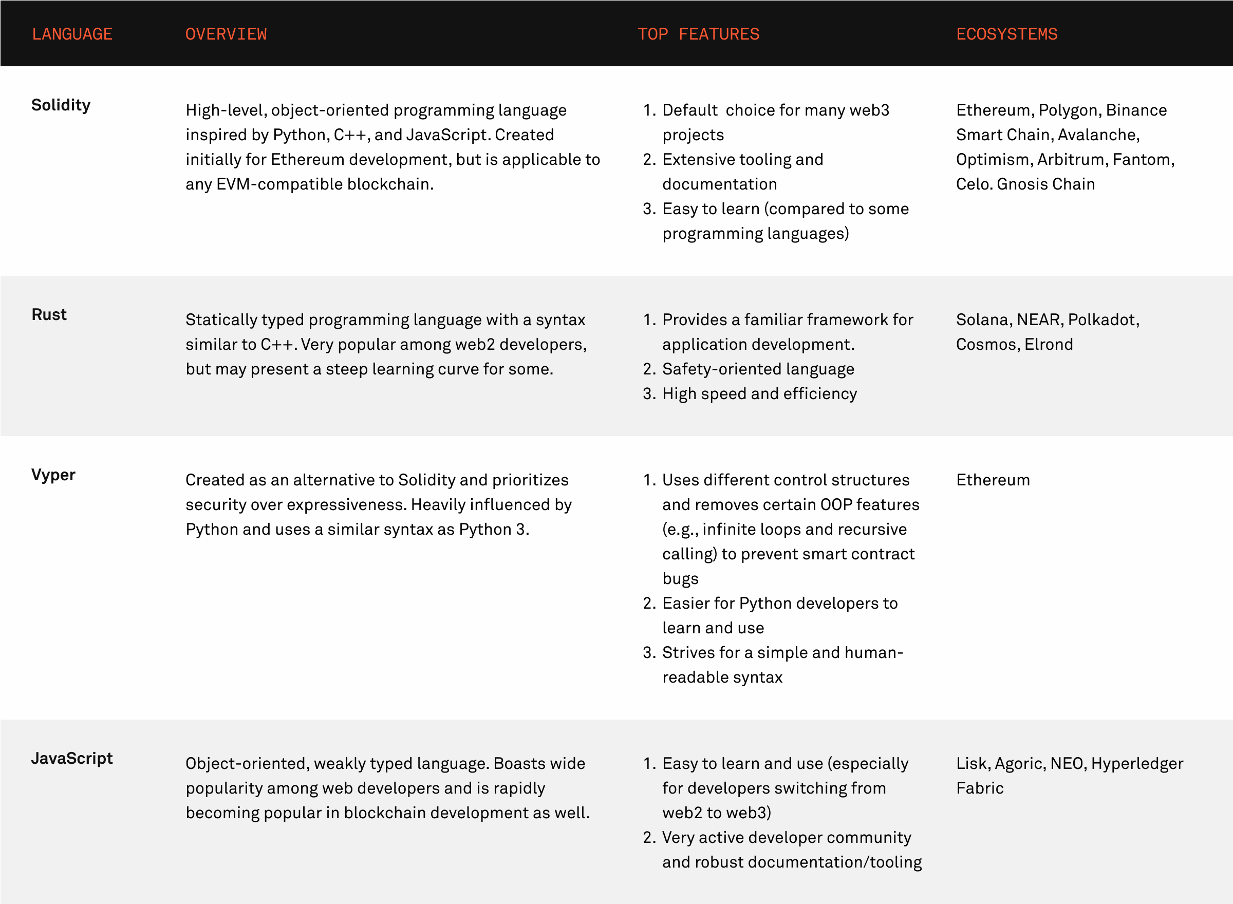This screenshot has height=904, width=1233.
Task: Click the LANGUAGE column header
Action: (x=72, y=34)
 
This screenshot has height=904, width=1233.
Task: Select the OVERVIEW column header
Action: (x=226, y=34)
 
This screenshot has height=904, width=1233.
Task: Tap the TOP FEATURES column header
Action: (x=698, y=34)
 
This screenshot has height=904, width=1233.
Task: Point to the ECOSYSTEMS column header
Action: (x=1006, y=34)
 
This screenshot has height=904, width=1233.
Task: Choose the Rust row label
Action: (x=49, y=314)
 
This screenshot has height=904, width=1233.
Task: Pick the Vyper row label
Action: (x=53, y=475)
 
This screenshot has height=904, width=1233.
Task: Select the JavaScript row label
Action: (x=72, y=758)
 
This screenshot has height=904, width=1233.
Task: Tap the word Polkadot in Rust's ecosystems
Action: (x=1103, y=319)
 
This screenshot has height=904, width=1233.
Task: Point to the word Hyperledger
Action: (x=1137, y=763)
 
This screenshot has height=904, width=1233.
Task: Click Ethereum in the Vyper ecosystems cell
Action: (x=993, y=480)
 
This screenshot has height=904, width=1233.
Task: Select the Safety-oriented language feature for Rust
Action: (x=758, y=369)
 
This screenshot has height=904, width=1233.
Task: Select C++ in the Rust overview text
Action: (x=277, y=344)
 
